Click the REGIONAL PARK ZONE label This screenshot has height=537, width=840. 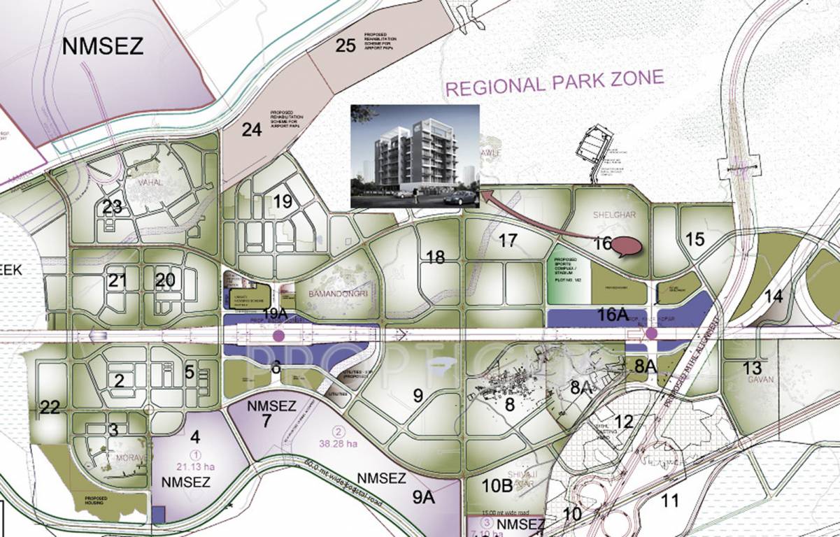[x=555, y=83]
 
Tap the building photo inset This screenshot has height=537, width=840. [x=415, y=156]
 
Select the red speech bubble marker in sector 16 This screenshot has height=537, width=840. [x=627, y=246]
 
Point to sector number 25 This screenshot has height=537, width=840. [x=346, y=46]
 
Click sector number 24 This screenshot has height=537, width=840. [x=251, y=129]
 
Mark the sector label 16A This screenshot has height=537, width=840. [x=612, y=315]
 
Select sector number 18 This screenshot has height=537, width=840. [x=435, y=257]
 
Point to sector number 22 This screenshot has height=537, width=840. [x=50, y=408]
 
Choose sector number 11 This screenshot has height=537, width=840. [x=669, y=501]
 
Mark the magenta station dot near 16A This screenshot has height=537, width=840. [x=651, y=334]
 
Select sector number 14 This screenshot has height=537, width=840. [x=773, y=296]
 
